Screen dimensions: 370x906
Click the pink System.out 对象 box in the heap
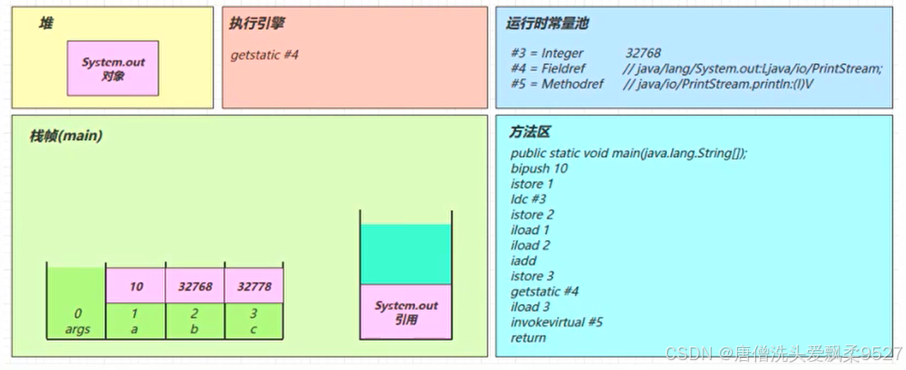(113, 68)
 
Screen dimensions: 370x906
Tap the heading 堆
(46, 24)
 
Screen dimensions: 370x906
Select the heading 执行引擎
(254, 24)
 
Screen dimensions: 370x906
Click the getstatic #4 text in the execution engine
(264, 55)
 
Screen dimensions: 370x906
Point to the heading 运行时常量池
(547, 24)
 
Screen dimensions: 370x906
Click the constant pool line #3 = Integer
(547, 53)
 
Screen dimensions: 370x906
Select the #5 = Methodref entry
(557, 84)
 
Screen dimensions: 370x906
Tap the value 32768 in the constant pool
(642, 53)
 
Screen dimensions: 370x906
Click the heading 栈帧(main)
(66, 136)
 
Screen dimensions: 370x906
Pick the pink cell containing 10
(136, 287)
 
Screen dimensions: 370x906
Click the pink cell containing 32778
(254, 287)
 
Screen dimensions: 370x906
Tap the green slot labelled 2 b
(195, 321)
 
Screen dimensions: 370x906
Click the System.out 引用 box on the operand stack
(406, 312)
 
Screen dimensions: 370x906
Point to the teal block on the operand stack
(406, 254)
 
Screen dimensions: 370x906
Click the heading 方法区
(530, 132)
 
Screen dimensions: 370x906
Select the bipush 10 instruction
(539, 169)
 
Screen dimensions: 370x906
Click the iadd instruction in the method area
(523, 261)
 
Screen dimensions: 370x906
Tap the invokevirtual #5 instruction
(557, 321)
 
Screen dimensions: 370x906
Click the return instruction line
(528, 337)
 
